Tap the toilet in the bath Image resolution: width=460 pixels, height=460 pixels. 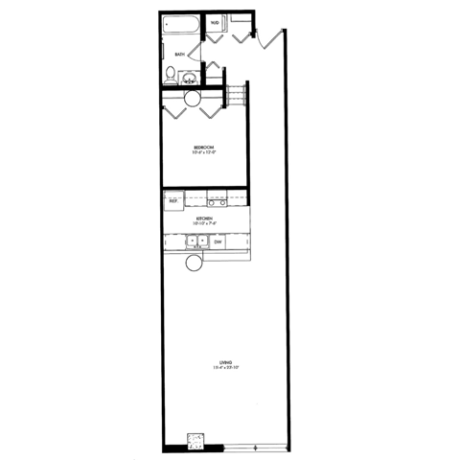(x=171, y=74)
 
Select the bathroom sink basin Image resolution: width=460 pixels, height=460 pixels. (x=190, y=79)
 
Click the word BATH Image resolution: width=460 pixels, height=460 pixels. (x=179, y=55)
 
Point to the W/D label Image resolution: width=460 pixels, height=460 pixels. (x=215, y=21)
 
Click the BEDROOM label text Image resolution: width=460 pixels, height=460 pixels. (x=203, y=146)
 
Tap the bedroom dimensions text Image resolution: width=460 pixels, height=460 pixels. (x=203, y=151)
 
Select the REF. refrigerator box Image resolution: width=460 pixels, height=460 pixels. (x=173, y=200)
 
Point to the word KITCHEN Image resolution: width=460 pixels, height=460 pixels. (x=203, y=218)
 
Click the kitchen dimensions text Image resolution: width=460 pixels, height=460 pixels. (x=203, y=224)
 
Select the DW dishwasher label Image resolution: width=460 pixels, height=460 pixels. (x=218, y=242)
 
